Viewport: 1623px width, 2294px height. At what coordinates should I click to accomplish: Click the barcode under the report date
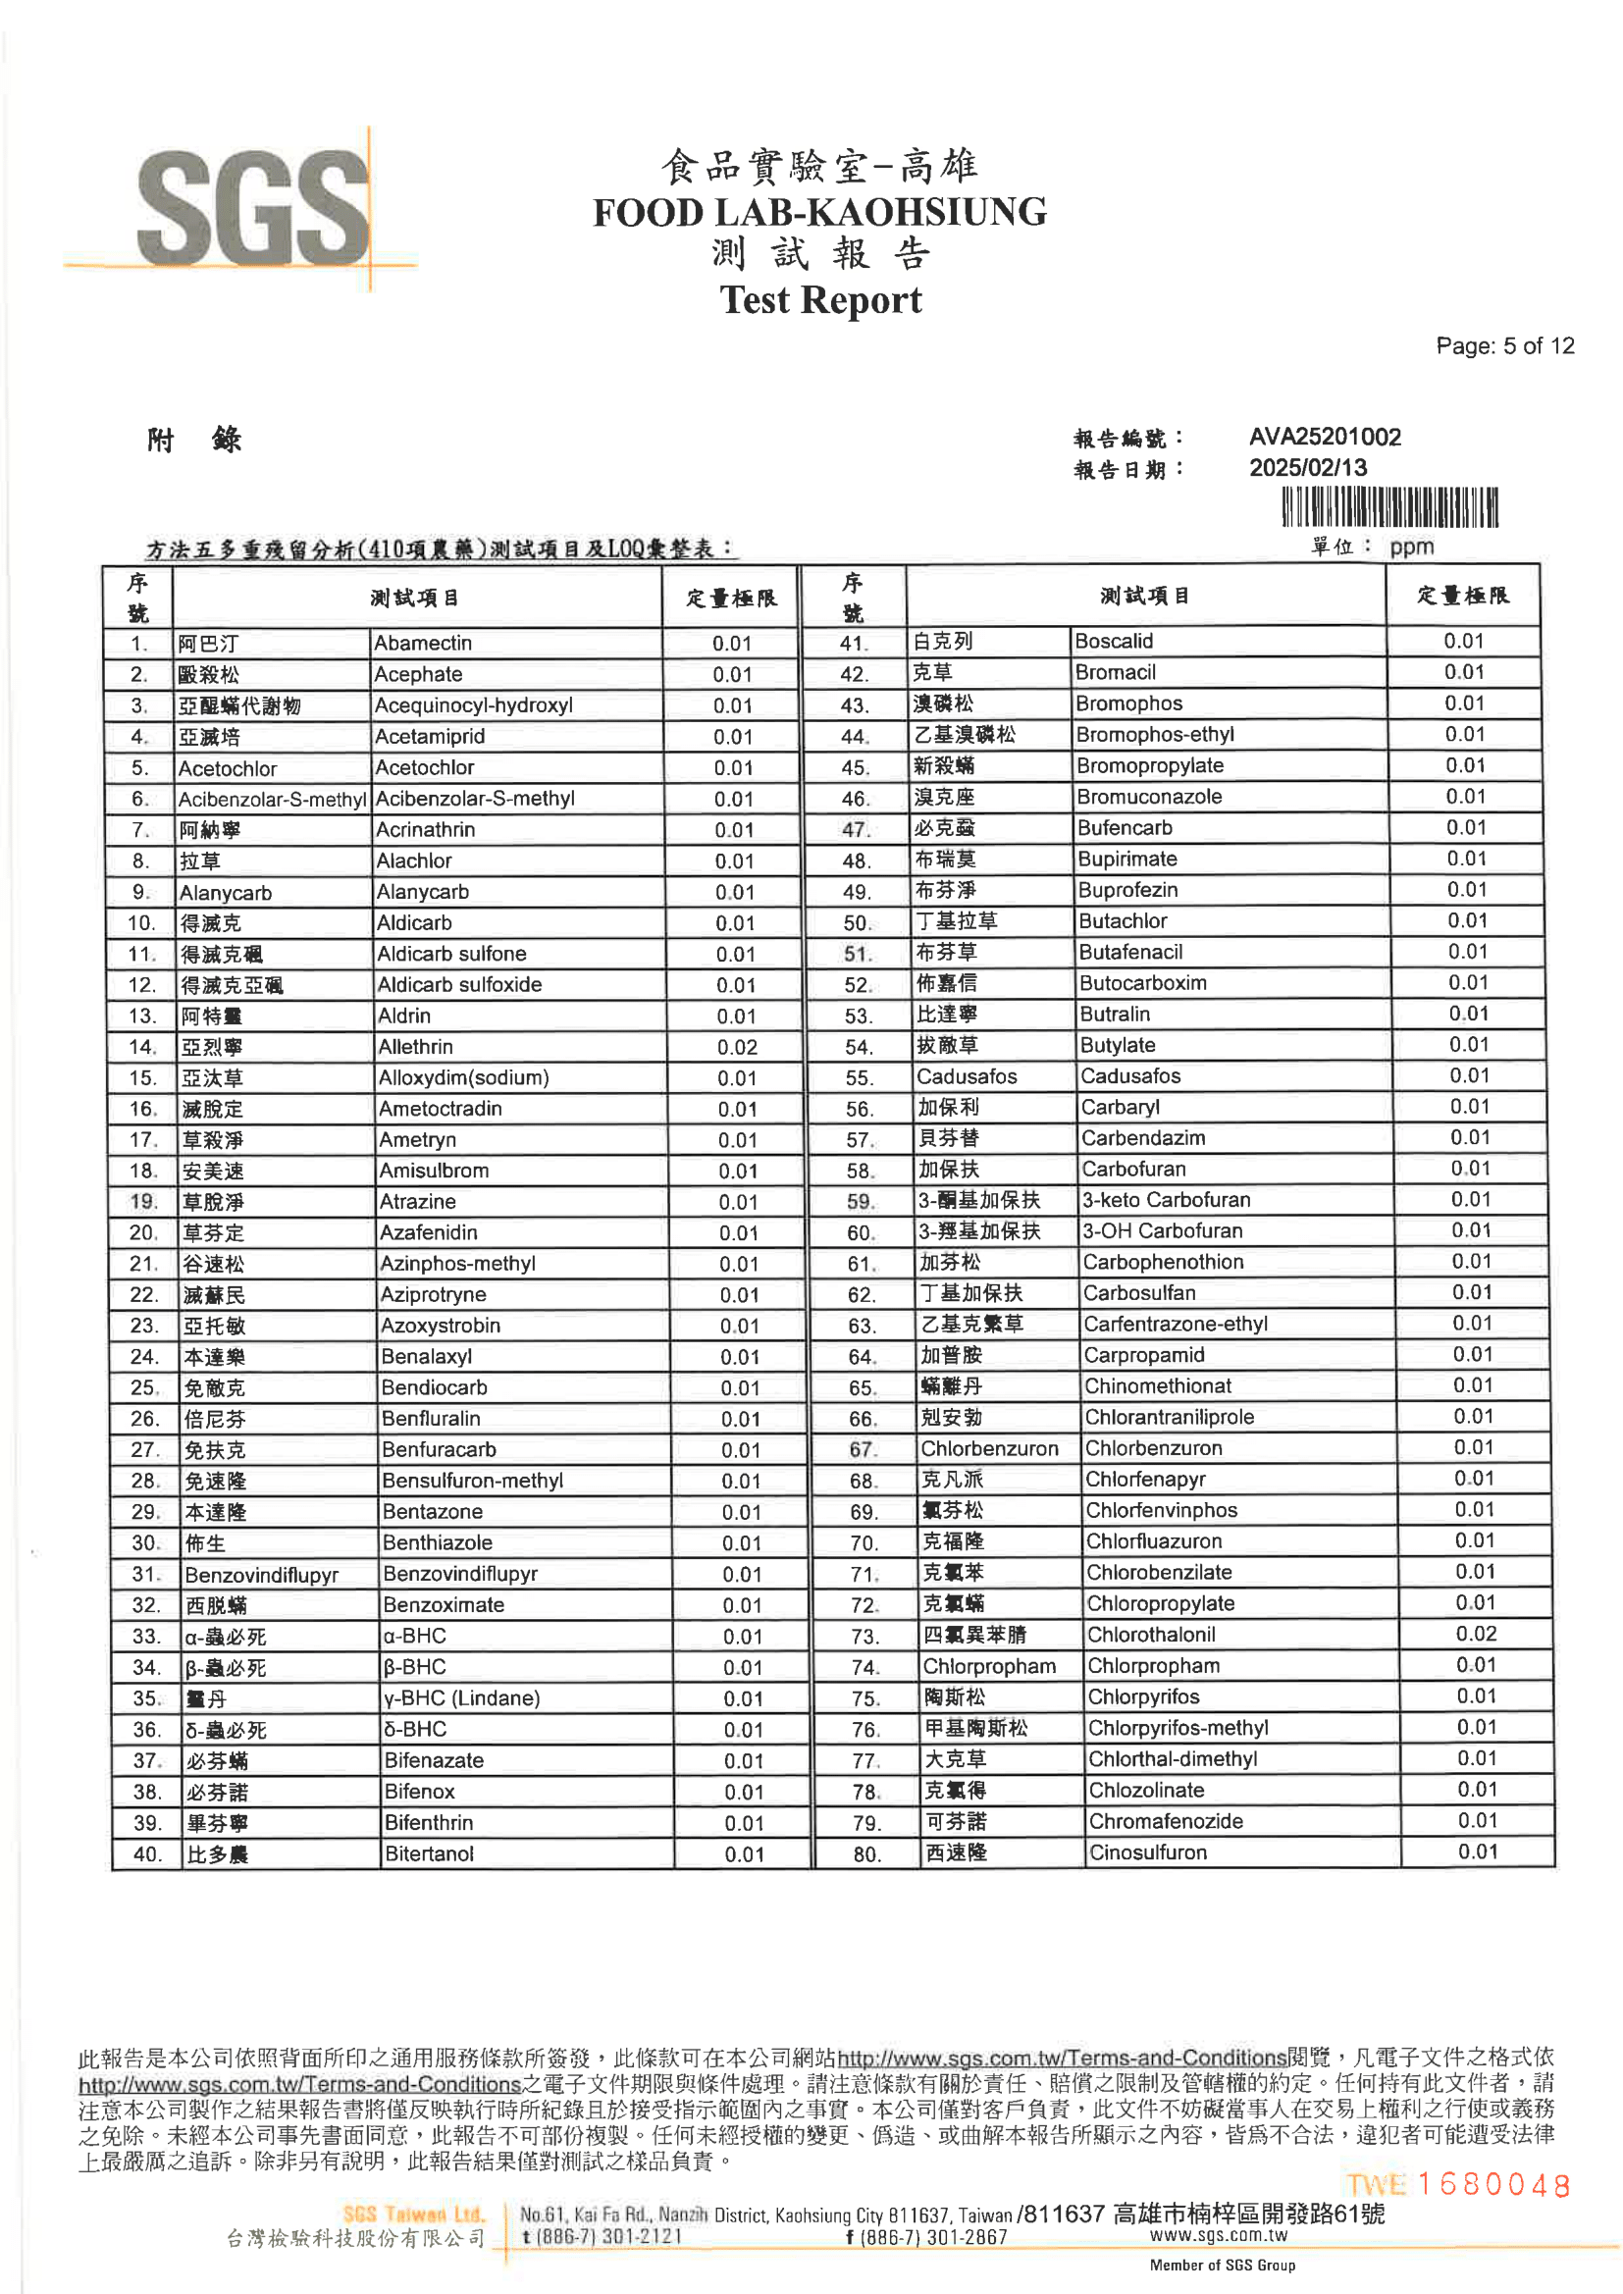click(1389, 506)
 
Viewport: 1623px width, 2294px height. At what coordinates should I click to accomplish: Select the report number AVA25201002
click(1324, 437)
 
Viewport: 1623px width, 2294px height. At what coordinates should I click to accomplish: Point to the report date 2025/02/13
click(1307, 468)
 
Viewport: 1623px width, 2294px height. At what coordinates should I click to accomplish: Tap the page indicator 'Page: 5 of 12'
click(1504, 345)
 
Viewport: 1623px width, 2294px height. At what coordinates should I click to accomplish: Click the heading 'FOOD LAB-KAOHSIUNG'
click(819, 212)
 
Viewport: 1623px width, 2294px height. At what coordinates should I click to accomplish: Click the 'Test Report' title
click(819, 299)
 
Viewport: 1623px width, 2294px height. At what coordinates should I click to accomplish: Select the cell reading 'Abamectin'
click(423, 643)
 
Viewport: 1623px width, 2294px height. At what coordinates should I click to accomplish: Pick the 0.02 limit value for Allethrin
click(737, 1047)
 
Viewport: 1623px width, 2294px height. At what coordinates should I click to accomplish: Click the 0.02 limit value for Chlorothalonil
click(1475, 1634)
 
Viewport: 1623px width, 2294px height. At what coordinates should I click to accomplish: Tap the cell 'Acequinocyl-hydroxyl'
click(474, 704)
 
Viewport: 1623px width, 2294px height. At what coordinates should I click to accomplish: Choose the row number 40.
click(147, 1854)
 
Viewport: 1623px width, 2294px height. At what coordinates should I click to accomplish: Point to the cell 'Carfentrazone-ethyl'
click(1176, 1324)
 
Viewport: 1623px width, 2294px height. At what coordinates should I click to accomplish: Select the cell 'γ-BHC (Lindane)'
click(462, 1697)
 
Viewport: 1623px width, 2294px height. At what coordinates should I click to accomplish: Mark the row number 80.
click(866, 1854)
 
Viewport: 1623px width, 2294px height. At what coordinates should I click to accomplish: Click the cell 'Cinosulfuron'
click(1148, 1852)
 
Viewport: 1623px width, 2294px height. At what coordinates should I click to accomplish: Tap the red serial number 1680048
click(1493, 2185)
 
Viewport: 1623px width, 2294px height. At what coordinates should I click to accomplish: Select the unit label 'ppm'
click(1411, 547)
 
